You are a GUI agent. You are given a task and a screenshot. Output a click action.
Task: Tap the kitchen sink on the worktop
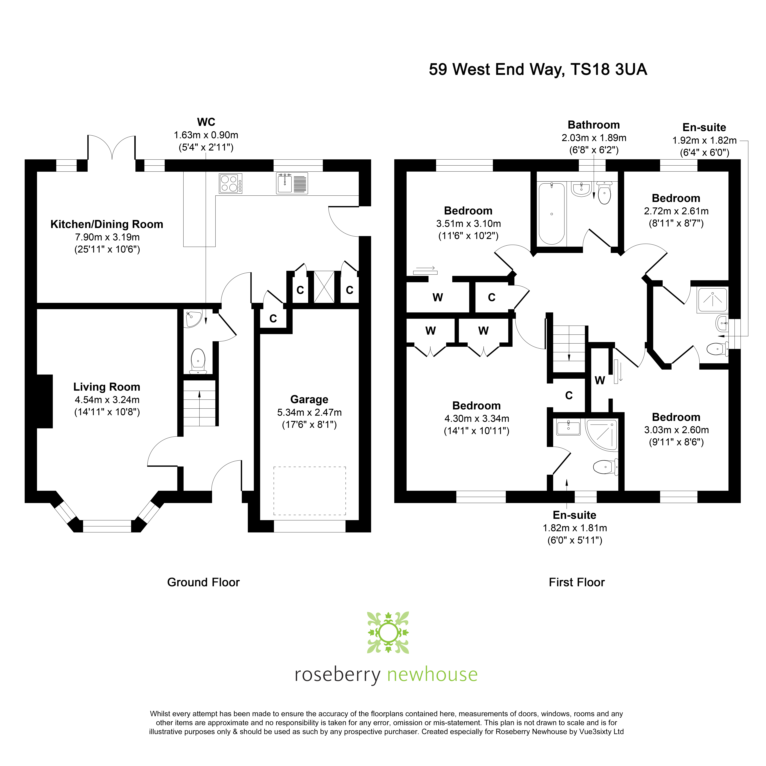click(x=292, y=183)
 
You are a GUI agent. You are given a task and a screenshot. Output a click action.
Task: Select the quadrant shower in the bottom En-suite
click(x=602, y=435)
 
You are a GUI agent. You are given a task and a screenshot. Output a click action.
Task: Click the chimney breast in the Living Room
click(x=45, y=401)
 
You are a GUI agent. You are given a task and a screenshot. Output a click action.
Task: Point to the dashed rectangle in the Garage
click(x=310, y=491)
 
